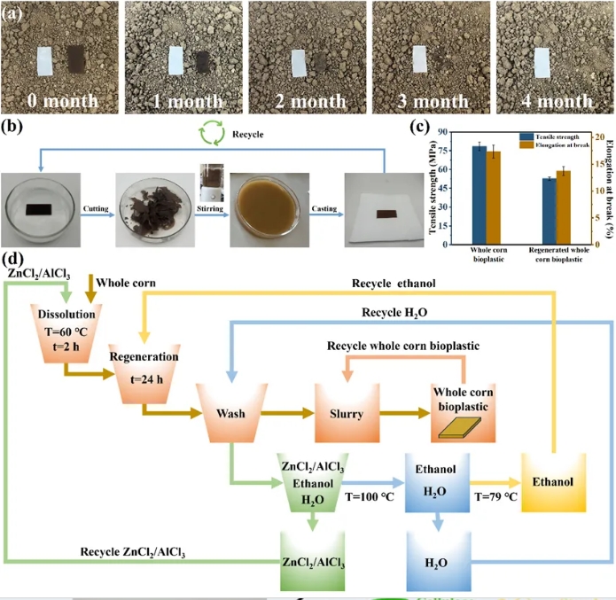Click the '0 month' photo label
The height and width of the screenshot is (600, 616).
click(61, 100)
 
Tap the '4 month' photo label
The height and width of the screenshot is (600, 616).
click(550, 100)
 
